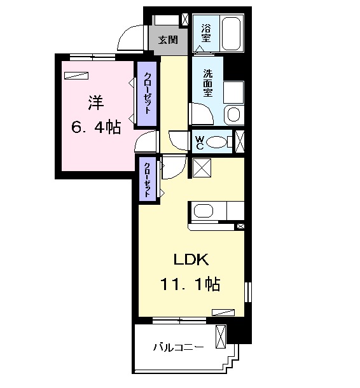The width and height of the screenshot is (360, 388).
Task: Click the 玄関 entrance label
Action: pyautogui.click(x=169, y=39)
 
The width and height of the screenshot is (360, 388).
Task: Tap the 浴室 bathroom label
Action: pyautogui.click(x=206, y=33)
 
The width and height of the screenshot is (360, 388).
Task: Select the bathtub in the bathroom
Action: pyautogui.click(x=231, y=34)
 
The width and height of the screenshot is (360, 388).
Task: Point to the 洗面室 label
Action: pyautogui.click(x=208, y=83)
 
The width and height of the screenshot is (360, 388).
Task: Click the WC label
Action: pyautogui.click(x=200, y=142)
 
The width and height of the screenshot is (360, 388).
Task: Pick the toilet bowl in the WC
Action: pyautogui.click(x=216, y=142)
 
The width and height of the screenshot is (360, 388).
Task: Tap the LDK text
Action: pyautogui.click(x=191, y=260)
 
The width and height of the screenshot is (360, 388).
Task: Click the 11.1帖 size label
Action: pyautogui.click(x=190, y=284)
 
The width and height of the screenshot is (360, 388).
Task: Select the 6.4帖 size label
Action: pyautogui.click(x=96, y=128)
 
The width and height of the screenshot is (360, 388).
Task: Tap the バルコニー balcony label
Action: pyautogui.click(x=178, y=347)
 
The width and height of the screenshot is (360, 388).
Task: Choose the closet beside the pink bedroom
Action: pyautogui.click(x=147, y=94)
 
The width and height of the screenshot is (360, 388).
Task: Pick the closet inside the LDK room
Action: pyautogui.click(x=148, y=179)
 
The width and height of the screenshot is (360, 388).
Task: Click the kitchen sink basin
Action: pyautogui.click(x=204, y=211)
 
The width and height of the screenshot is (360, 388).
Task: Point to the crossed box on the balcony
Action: pyautogui.click(x=221, y=337)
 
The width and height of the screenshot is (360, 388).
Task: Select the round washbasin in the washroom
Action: pyautogui.click(x=233, y=115)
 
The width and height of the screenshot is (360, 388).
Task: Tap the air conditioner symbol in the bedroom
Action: pyautogui.click(x=76, y=76)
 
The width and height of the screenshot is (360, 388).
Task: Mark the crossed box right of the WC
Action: pyautogui.click(x=240, y=141)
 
